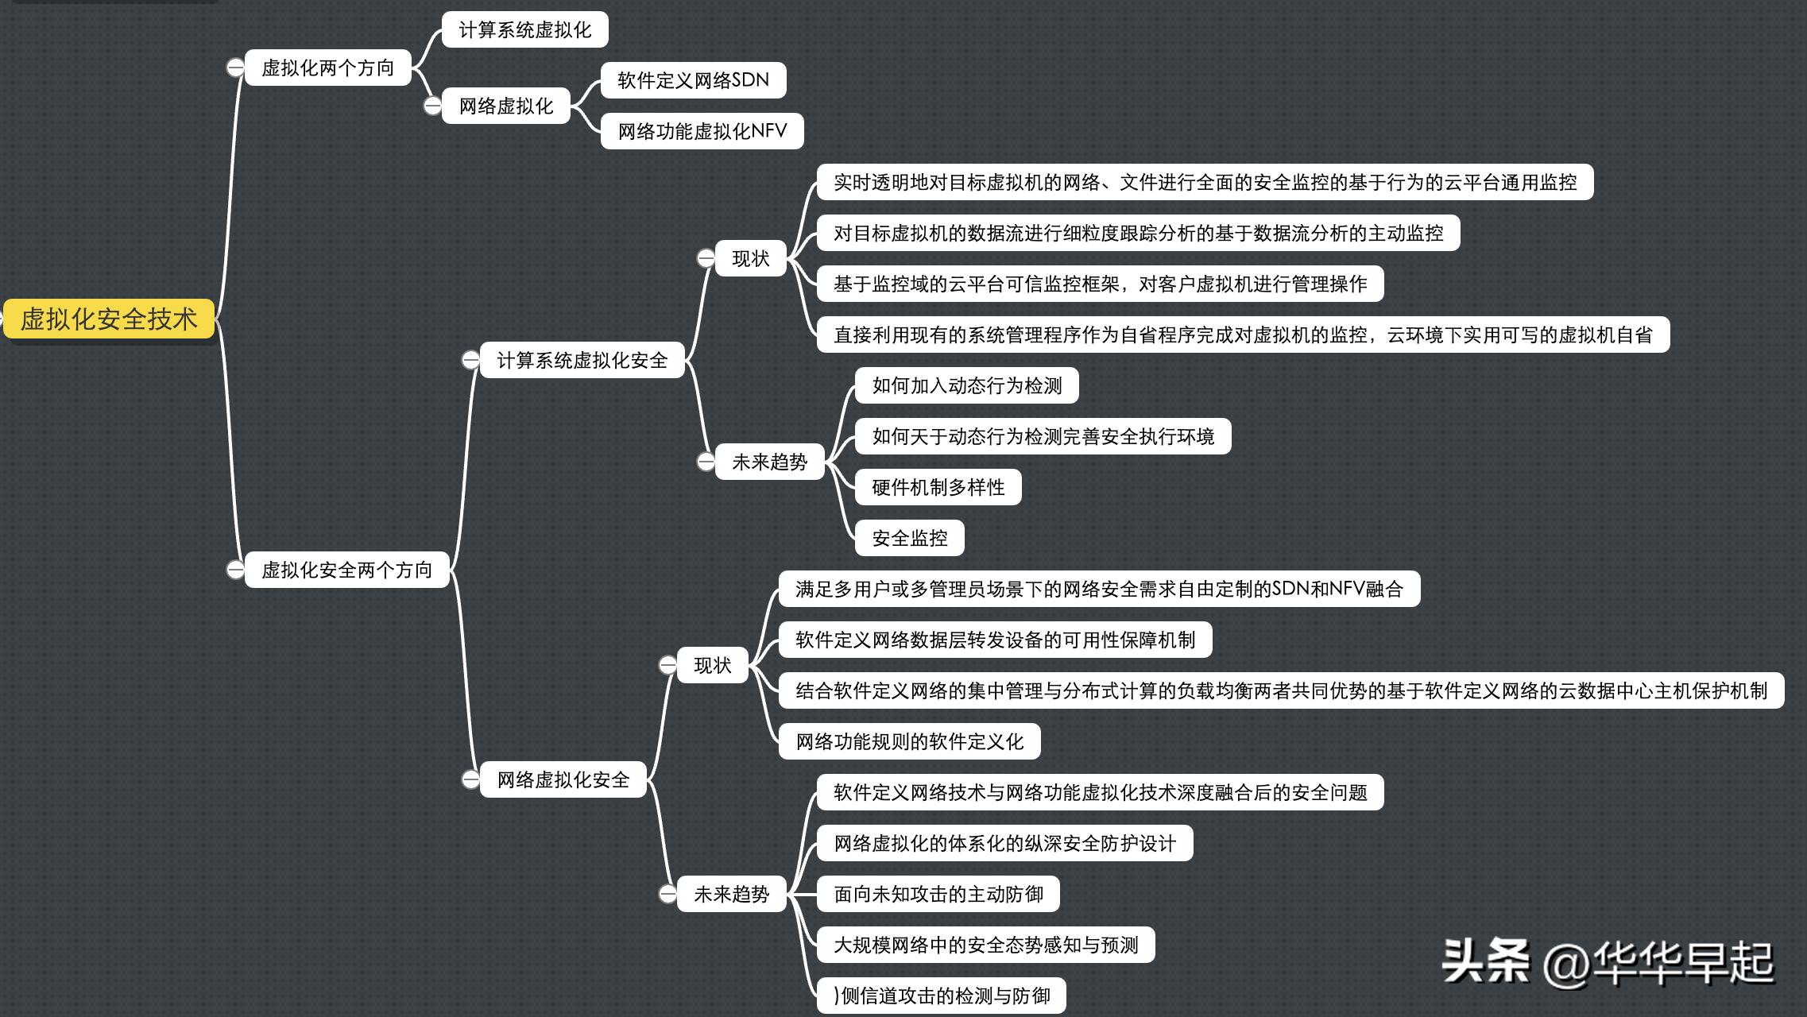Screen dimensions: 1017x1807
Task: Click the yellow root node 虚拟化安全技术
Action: tap(109, 319)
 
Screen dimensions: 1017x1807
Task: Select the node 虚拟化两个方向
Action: tap(327, 68)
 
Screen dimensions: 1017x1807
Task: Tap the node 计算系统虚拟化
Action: tap(524, 30)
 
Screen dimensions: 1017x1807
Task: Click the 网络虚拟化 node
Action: tap(505, 106)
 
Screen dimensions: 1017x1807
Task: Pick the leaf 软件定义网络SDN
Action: tap(693, 80)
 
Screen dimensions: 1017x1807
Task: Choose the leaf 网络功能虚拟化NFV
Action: tap(702, 131)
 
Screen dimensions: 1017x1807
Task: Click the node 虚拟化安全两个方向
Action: tap(346, 570)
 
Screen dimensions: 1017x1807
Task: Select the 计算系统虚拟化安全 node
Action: tap(582, 360)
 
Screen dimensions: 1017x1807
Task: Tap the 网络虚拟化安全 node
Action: tap(563, 779)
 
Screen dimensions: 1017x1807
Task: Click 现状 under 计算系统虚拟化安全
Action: tap(750, 258)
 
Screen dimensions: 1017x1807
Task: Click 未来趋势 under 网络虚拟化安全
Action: tap(731, 894)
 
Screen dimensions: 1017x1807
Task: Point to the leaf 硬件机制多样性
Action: tap(938, 487)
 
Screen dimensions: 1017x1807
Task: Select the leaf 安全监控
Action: tap(909, 538)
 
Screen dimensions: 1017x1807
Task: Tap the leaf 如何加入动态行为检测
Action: tap(966, 385)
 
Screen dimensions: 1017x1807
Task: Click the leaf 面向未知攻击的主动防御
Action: tap(938, 894)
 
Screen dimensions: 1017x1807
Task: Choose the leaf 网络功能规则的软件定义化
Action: tap(909, 741)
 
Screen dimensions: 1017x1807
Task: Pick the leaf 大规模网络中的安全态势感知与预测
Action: tap(985, 945)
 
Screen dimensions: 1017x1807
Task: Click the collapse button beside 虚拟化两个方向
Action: tap(235, 68)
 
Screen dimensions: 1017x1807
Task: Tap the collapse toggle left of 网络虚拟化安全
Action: tap(470, 779)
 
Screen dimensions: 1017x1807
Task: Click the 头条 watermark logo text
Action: tap(1485, 961)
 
